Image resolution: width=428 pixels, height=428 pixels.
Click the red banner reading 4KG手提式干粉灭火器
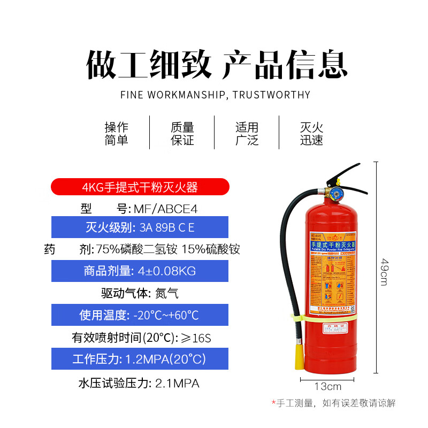point(140,187)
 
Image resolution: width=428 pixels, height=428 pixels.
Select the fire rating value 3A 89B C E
point(167,227)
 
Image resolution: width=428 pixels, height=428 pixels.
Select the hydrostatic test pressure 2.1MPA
point(177,383)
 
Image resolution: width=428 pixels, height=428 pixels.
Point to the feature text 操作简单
point(117,134)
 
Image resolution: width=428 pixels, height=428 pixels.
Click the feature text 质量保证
point(182,134)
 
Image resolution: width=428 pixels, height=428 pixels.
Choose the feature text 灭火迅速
point(312,134)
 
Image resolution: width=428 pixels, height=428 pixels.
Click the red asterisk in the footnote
point(273,402)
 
